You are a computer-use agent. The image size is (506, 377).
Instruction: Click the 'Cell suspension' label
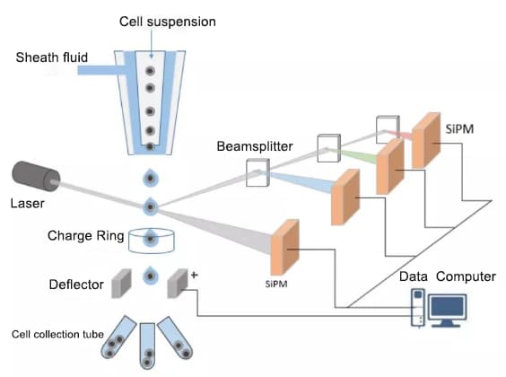[168, 22]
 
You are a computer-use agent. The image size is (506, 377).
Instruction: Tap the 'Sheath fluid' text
[52, 57]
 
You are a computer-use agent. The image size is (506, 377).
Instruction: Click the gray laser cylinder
[36, 176]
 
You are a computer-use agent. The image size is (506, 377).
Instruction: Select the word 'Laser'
[28, 204]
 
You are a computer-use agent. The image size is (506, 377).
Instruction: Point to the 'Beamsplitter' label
[255, 146]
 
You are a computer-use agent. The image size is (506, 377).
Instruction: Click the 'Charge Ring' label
[85, 236]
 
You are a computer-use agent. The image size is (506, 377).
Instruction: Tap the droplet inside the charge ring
[150, 238]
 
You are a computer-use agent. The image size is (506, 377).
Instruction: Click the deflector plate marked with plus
[178, 284]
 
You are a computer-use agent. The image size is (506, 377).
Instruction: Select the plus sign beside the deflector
[195, 275]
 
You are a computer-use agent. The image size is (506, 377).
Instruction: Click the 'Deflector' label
[76, 285]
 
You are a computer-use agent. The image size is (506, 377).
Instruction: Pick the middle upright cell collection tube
[147, 346]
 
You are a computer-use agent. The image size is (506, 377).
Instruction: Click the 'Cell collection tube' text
[57, 334]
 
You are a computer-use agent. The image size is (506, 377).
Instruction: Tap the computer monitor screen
[448, 307]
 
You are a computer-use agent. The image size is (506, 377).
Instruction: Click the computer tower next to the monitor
[418, 307]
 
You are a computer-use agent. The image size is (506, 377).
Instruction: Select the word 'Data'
[414, 276]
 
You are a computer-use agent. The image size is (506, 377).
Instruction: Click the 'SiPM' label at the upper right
[459, 129]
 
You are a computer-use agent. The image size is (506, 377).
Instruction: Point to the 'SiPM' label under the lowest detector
[276, 284]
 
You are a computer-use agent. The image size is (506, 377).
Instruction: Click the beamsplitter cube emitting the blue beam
[257, 172]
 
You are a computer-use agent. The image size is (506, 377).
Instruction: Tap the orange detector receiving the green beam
[390, 167]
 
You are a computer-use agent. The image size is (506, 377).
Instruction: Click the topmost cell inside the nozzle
[150, 71]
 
